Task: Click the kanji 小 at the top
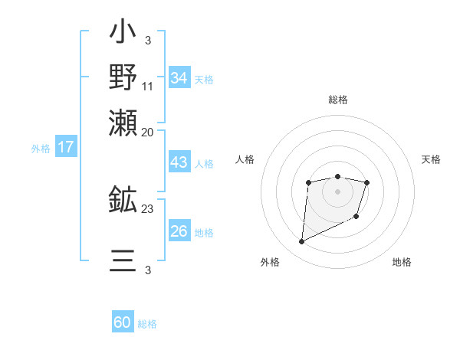123,34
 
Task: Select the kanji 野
123,77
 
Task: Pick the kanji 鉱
123,200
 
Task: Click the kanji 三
123,260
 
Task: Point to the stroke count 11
148,86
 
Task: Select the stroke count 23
148,209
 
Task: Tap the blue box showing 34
179,78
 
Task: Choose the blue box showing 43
179,163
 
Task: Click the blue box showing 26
179,231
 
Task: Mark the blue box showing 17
66,147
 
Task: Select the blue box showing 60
123,322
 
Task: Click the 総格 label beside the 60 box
147,324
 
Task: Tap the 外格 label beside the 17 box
41,149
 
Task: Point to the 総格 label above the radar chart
337,100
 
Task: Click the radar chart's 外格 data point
301,242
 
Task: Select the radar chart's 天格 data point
367,182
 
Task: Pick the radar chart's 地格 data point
357,218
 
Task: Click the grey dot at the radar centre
337,191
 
